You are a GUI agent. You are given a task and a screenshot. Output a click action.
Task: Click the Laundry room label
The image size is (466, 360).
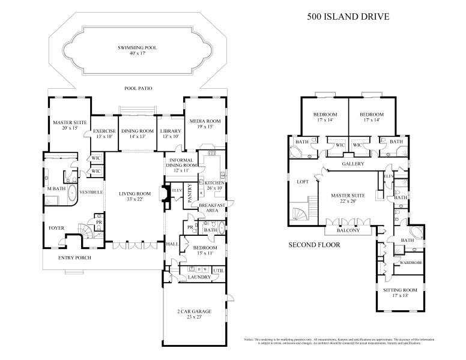tap(198, 277)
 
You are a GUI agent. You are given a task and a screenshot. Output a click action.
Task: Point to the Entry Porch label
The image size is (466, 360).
tap(74, 259)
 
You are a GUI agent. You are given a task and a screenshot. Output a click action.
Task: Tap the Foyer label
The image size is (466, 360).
tap(56, 228)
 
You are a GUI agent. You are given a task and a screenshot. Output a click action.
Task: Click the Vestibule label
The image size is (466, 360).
tap(92, 192)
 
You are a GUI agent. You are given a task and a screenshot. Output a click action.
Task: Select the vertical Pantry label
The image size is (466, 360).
tap(190, 194)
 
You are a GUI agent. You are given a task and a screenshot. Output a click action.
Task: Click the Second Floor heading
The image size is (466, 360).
tap(315, 245)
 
